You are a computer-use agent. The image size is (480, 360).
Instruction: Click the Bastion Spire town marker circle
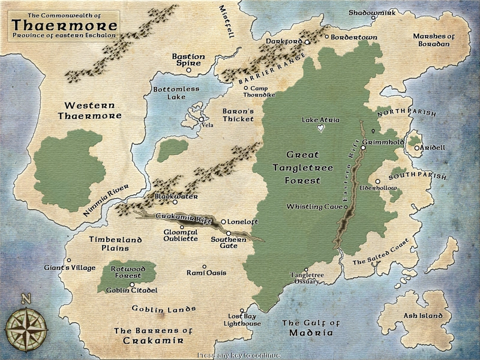pyautogui.click(x=189, y=70)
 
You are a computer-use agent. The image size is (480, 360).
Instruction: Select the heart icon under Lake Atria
pyautogui.click(x=322, y=128)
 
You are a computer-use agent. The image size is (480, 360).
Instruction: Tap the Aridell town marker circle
pyautogui.click(x=416, y=148)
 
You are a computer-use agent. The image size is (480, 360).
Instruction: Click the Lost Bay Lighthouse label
pyautogui.click(x=242, y=320)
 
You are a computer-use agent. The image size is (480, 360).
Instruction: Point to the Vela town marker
pyautogui.click(x=202, y=120)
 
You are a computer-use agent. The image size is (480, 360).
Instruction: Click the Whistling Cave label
pyautogui.click(x=313, y=207)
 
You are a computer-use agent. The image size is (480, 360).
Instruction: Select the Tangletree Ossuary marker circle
pyautogui.click(x=307, y=270)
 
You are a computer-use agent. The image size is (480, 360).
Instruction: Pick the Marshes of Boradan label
pyautogui.click(x=434, y=40)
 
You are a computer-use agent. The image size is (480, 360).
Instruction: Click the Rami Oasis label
pyautogui.click(x=206, y=273)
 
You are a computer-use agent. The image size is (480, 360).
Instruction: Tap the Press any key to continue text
pyautogui.click(x=239, y=355)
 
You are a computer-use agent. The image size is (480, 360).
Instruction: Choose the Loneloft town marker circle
pyautogui.click(x=224, y=221)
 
